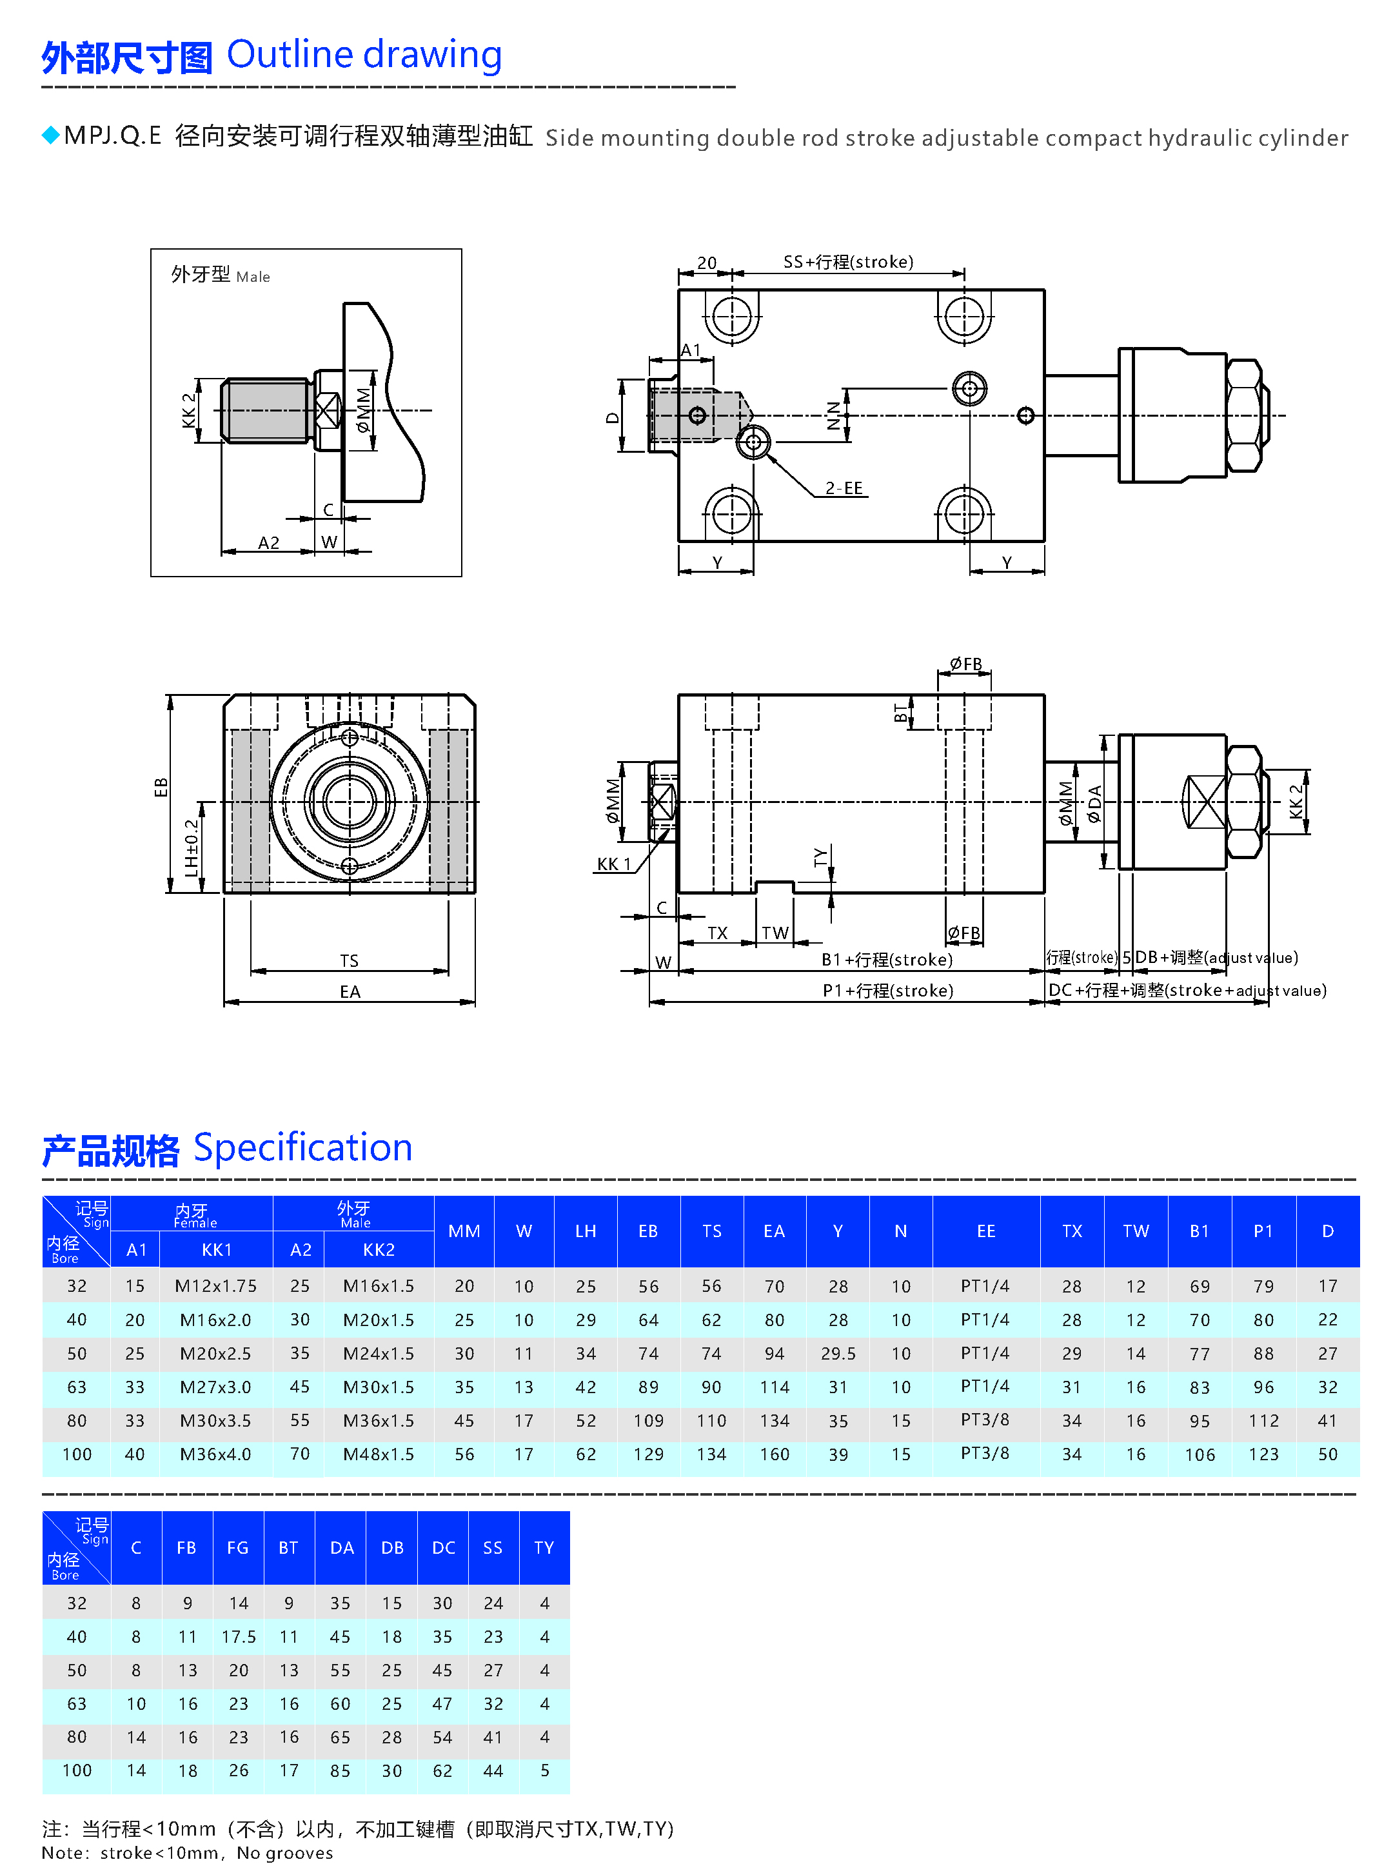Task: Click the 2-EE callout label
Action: (844, 488)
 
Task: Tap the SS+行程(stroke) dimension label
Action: (847, 263)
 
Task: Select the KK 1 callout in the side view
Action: (613, 864)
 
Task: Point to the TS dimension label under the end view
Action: (349, 960)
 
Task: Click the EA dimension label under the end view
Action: (350, 992)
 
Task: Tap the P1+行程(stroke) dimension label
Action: (888, 990)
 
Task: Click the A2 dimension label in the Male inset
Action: (268, 543)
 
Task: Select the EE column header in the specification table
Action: (985, 1231)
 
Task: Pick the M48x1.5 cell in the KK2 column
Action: (378, 1454)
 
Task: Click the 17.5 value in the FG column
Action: (239, 1637)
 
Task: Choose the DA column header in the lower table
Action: (342, 1547)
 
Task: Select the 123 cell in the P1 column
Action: (1263, 1454)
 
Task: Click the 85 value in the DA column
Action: (340, 1771)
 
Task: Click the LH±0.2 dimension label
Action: (192, 847)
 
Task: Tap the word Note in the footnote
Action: (63, 1853)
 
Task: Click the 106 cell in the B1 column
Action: (1199, 1454)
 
